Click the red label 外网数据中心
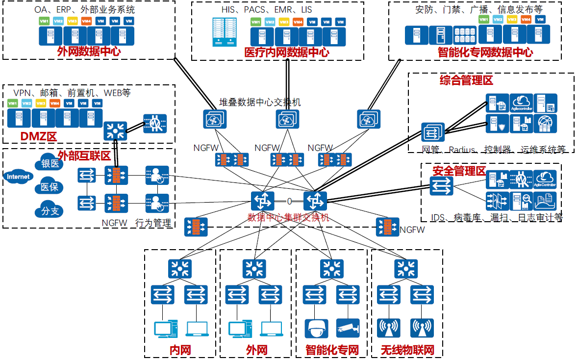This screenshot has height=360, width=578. pos(89,51)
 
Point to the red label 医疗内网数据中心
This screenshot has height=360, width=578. pos(287,52)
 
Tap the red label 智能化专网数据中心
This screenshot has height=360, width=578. pos(485,52)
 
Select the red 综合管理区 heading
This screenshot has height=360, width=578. pos(466,80)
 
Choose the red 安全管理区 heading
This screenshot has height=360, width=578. pos(459,171)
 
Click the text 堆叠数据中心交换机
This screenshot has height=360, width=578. pos(260,102)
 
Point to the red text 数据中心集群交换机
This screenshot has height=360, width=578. pos(288,217)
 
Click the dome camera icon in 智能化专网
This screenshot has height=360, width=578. pos(315,328)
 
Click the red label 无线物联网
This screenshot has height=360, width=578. pos(407,350)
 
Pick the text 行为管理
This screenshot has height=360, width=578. pos(153,223)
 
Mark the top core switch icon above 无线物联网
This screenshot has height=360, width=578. pos(407,268)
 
